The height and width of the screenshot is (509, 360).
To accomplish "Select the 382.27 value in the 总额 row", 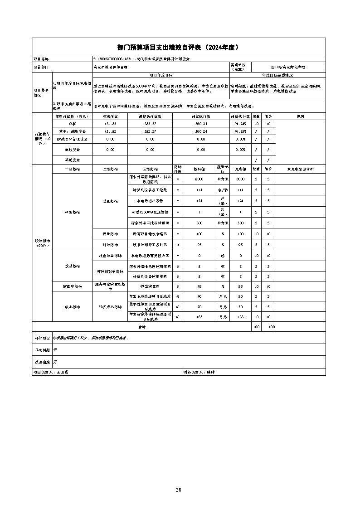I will (x=150, y=124).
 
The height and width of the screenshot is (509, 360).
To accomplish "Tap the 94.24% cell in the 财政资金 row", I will (x=240, y=131).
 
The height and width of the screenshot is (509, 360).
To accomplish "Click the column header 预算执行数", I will (x=201, y=116).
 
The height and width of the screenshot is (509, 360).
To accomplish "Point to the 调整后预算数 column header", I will (x=150, y=116).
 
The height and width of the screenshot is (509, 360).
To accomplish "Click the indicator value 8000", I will (x=199, y=179).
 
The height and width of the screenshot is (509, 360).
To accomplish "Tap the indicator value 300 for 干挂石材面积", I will (x=199, y=223).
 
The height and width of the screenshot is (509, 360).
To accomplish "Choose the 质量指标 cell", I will (x=110, y=234).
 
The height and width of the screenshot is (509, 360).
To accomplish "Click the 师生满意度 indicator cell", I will (x=150, y=286).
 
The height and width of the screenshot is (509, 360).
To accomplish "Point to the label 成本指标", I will (x=73, y=307).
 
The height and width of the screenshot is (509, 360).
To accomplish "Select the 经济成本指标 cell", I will (x=110, y=307).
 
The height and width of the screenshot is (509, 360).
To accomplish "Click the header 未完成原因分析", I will (x=300, y=169).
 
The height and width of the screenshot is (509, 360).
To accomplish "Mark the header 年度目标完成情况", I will (x=277, y=75).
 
